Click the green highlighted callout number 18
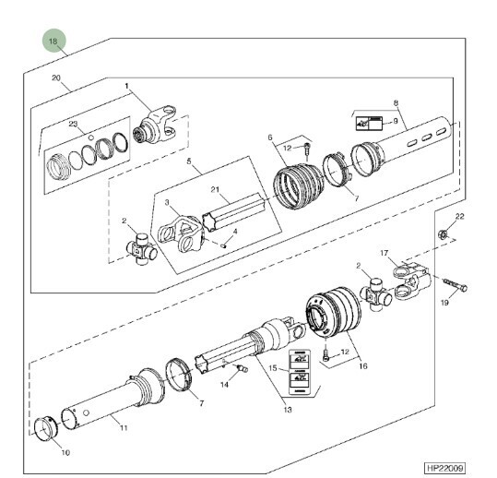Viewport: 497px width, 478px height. [x=54, y=41]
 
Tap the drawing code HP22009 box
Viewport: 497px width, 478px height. [x=445, y=468]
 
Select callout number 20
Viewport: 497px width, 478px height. [x=56, y=78]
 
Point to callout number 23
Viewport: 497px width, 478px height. [x=73, y=124]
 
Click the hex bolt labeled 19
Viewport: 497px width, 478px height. [x=455, y=285]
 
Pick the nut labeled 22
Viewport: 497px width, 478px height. [x=443, y=234]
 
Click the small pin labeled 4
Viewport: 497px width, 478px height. [x=223, y=245]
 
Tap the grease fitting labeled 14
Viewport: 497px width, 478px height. [x=243, y=368]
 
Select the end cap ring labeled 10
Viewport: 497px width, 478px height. [x=46, y=429]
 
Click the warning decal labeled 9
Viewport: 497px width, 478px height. [x=369, y=124]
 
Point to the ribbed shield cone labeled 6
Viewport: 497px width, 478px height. [x=298, y=185]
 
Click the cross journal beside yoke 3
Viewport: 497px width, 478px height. [x=142, y=249]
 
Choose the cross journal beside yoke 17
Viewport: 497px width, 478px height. [x=376, y=294]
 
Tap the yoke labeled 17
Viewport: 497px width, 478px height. [x=411, y=278]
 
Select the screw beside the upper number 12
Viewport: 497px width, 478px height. [x=307, y=151]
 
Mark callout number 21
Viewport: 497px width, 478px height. [x=215, y=190]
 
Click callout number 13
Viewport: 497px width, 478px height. [x=288, y=410]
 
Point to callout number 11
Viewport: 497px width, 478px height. [x=124, y=428]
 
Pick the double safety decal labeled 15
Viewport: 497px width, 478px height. [x=299, y=373]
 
